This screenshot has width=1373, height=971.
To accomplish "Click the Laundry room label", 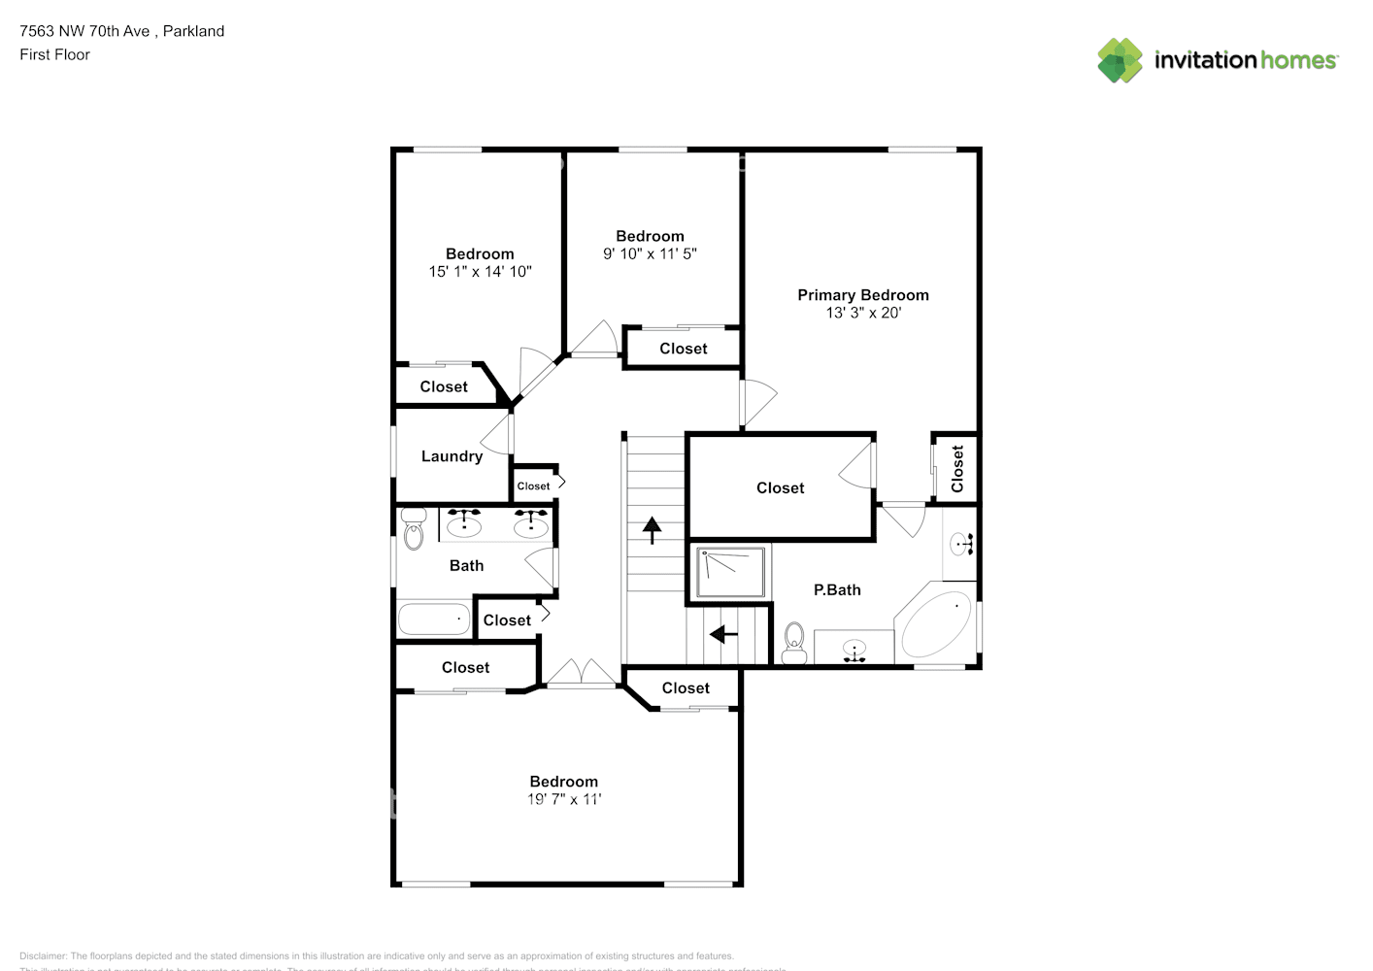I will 452,456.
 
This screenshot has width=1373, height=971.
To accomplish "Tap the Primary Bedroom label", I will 863,295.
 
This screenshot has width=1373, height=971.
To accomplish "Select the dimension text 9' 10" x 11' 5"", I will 650,254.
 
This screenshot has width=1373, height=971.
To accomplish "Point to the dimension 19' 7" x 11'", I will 564,799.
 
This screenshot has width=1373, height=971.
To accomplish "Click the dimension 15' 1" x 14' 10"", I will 480,272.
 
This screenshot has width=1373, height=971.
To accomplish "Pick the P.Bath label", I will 837,589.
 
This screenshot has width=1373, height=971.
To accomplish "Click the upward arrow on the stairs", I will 652,529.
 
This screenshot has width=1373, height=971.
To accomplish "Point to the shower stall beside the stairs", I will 731,572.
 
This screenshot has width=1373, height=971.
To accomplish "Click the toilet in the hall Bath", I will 414,528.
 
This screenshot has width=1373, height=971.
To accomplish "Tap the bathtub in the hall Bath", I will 434,619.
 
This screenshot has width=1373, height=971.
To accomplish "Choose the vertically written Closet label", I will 957,469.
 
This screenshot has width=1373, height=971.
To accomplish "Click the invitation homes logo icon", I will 1120,60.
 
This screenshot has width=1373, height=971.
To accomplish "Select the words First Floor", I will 54,54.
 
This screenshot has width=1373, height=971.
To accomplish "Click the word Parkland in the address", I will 193,31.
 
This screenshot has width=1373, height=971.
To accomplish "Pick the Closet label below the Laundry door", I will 533,485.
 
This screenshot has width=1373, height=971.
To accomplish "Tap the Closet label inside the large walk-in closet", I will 780,488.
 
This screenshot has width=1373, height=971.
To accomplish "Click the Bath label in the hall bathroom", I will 466,565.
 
